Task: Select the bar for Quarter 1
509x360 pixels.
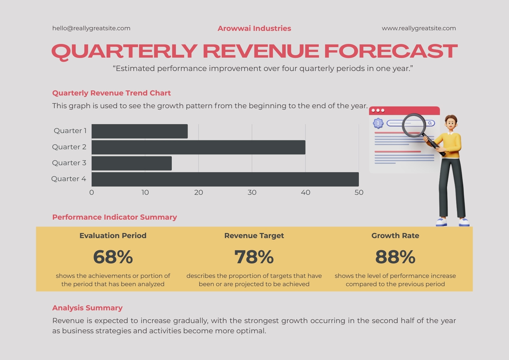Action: click(140, 131)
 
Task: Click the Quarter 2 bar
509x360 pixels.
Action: click(199, 147)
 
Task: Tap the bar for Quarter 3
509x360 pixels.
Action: click(132, 163)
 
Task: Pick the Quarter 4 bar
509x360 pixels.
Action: click(225, 179)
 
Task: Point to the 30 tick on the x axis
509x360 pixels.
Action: click(252, 192)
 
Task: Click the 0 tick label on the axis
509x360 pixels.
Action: click(92, 192)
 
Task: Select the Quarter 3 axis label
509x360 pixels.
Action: click(69, 163)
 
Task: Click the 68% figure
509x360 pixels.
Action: click(113, 257)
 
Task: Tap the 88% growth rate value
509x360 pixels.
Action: click(395, 257)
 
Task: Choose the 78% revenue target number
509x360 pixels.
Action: click(254, 257)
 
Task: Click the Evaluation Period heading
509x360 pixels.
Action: click(113, 236)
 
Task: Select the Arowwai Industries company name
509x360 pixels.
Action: click(254, 28)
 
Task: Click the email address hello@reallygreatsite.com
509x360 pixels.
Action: click(91, 28)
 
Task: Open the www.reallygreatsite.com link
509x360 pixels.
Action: click(419, 28)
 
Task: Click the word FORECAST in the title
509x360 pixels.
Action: click(391, 51)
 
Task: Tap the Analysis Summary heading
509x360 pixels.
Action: click(87, 308)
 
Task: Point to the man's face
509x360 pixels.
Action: click(451, 124)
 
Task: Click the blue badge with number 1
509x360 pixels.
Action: click(378, 123)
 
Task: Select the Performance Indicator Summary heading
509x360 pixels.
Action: click(115, 217)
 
